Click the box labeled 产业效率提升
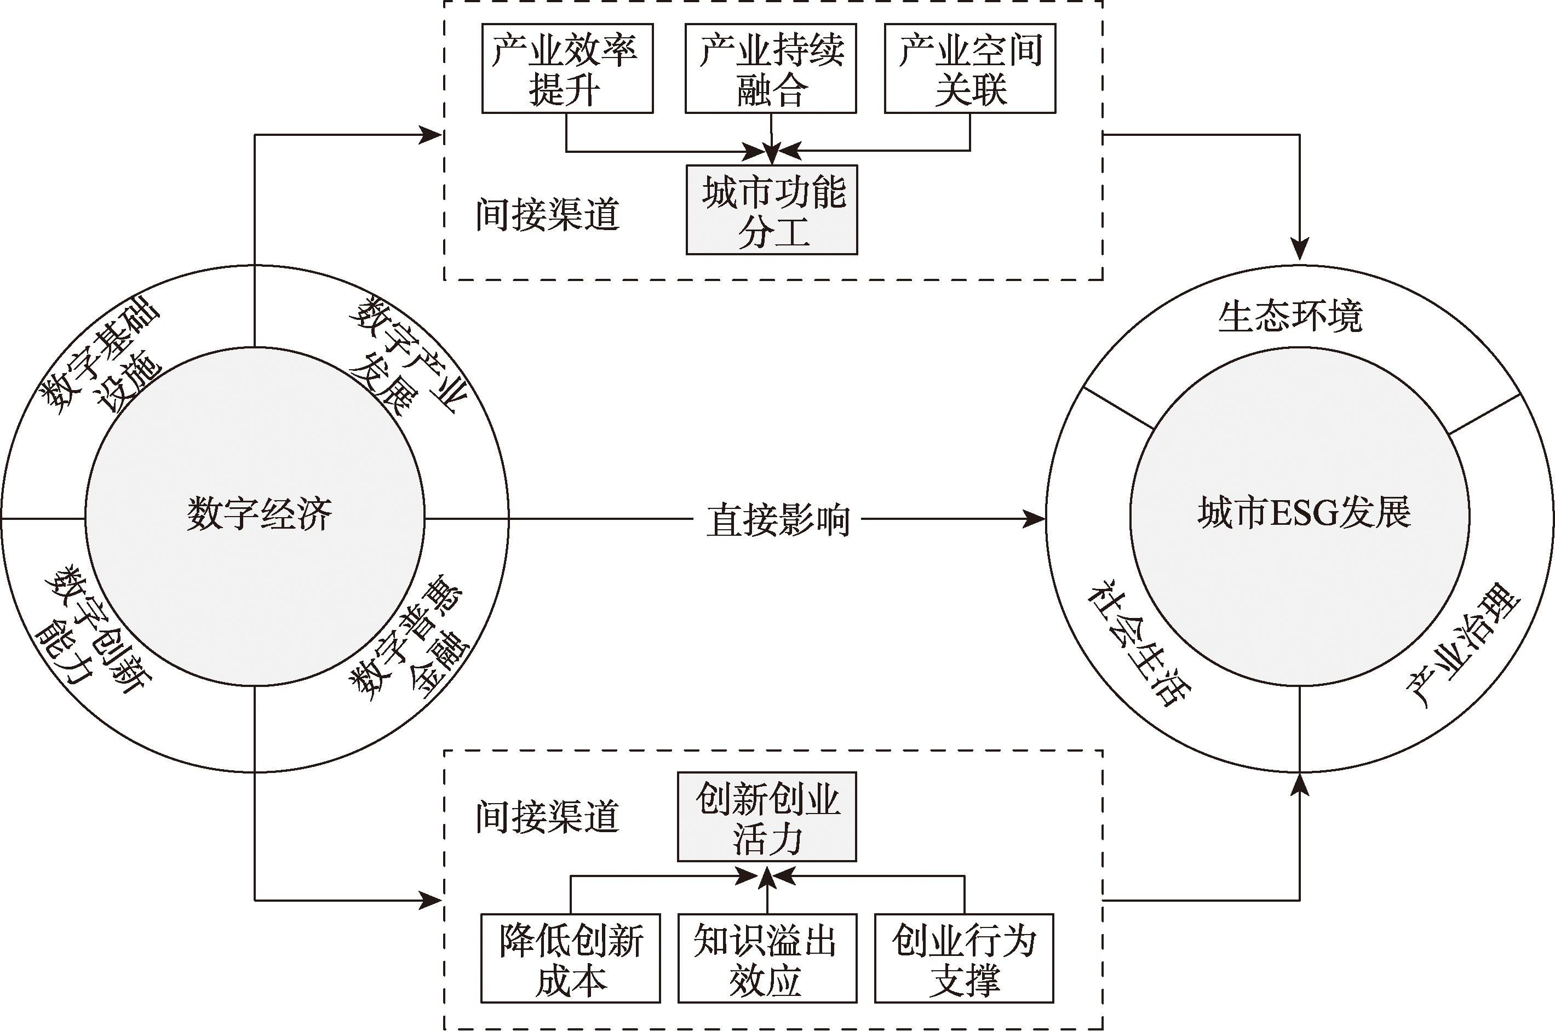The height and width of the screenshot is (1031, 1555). click(x=566, y=68)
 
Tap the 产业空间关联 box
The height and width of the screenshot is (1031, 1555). click(x=969, y=68)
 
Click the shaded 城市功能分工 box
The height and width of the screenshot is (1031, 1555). click(x=772, y=210)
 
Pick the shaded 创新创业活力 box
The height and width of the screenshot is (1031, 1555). click(x=767, y=817)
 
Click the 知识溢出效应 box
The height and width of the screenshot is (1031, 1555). click(x=767, y=958)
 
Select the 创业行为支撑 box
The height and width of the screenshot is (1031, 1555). click(x=963, y=958)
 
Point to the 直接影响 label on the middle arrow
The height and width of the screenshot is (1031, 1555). click(x=778, y=520)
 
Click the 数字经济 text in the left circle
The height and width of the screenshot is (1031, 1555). click(x=259, y=513)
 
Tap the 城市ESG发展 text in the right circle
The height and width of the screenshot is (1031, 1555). click(x=1304, y=512)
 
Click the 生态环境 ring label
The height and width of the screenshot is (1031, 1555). click(x=1290, y=316)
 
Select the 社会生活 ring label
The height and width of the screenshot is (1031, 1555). click(x=1138, y=643)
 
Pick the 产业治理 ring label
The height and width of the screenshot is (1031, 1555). click(x=1464, y=645)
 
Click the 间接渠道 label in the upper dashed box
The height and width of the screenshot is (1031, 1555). click(x=548, y=214)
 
